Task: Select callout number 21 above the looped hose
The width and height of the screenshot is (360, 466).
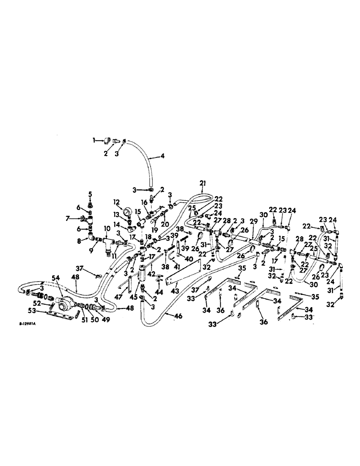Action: click(203, 182)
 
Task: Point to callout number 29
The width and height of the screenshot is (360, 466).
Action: click(254, 221)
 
